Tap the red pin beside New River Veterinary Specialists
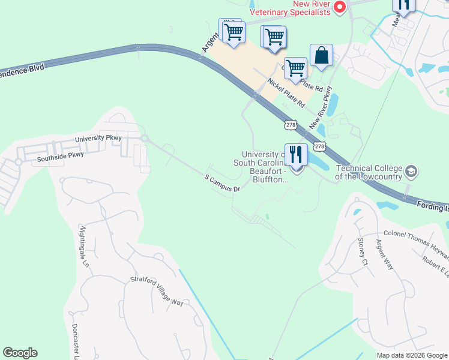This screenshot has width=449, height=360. tap(340, 7)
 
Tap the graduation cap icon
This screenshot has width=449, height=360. tap(411, 172)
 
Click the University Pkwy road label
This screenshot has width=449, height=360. tap(98, 139)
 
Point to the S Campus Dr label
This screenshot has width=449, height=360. tap(222, 183)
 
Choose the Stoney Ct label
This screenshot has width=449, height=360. tap(363, 251)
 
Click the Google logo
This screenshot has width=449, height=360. tap(20, 353)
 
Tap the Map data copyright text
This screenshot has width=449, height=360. tap(412, 355)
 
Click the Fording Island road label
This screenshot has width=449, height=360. tap(433, 207)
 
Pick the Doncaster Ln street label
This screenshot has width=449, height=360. tap(76, 342)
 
